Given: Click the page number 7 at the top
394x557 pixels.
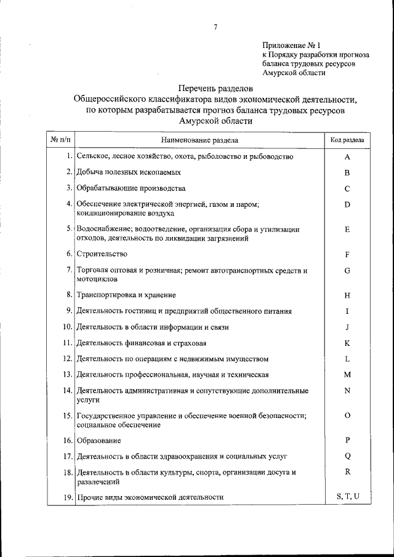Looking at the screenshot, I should click(x=215, y=26).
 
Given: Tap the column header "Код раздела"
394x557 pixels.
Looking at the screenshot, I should click(x=347, y=140).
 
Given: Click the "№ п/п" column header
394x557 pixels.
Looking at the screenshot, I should click(x=60, y=140).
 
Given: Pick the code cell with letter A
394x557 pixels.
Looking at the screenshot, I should click(x=347, y=157).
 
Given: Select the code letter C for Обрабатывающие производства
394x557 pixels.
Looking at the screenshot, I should click(x=347, y=188).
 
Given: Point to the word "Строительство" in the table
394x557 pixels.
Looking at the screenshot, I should click(x=102, y=254).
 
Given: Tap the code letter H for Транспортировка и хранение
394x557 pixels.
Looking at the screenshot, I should click(x=347, y=295).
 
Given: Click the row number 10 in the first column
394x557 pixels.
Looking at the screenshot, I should click(x=68, y=327).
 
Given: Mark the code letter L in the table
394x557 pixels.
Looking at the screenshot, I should click(x=347, y=359).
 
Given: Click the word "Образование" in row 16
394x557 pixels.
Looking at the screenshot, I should click(x=99, y=441).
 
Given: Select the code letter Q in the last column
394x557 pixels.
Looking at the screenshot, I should click(x=347, y=456).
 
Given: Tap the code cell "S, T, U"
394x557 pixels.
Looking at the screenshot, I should click(x=347, y=496).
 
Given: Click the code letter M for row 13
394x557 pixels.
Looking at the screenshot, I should click(x=347, y=375).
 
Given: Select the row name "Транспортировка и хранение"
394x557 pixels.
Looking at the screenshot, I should click(x=127, y=295).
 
